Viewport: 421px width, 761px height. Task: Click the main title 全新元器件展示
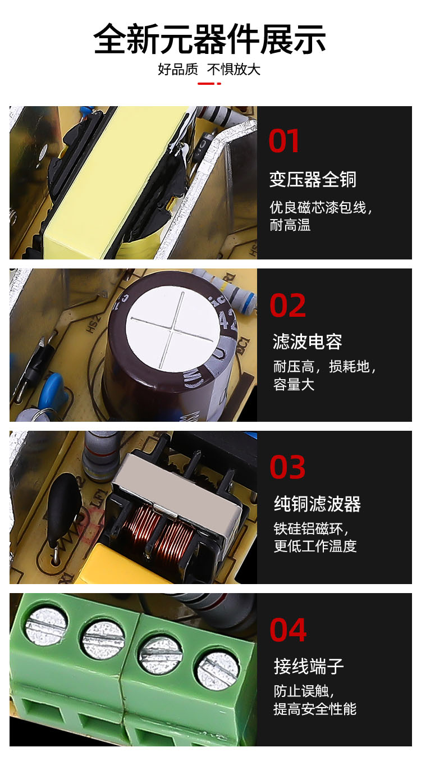(x=209, y=39)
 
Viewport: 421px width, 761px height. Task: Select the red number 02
(x=287, y=306)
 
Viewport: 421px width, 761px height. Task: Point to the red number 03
(x=287, y=467)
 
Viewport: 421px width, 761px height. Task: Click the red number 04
(x=288, y=630)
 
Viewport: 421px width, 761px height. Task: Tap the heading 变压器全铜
(x=313, y=179)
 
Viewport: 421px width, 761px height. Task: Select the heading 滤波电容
(x=307, y=341)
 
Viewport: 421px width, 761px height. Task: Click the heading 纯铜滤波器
(x=318, y=504)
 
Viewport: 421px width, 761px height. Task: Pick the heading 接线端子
(x=309, y=666)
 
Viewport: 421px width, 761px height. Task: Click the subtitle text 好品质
(x=178, y=69)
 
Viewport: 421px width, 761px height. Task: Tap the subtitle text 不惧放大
(x=234, y=69)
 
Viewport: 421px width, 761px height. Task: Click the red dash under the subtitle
(x=209, y=83)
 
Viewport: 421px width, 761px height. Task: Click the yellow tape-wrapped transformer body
(x=112, y=184)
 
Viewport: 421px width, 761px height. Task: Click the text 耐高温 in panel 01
(x=290, y=225)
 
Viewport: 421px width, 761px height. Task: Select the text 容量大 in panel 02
(x=294, y=385)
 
